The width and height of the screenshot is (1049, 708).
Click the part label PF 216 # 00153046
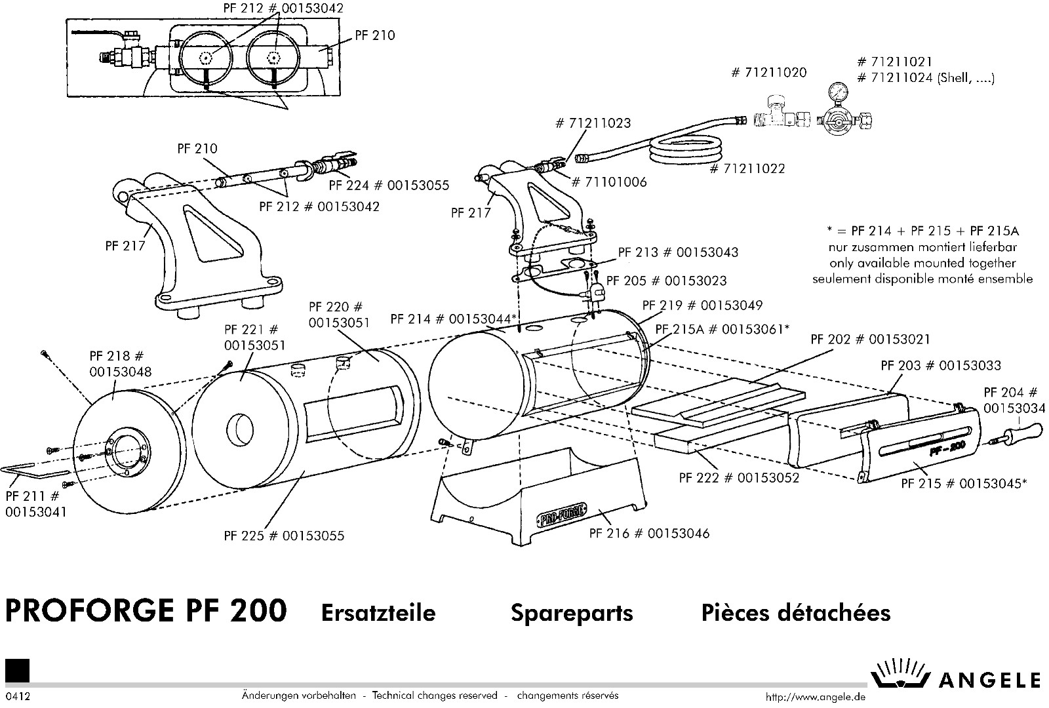[x=649, y=534]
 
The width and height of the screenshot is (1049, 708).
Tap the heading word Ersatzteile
[x=378, y=613]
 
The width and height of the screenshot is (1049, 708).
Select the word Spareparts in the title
[x=572, y=613]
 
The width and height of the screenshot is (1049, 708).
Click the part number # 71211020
[x=769, y=72]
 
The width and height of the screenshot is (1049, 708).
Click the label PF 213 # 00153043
[x=678, y=252]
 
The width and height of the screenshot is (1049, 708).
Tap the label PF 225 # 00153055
[x=284, y=536]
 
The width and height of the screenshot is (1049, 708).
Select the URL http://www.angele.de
[x=816, y=697]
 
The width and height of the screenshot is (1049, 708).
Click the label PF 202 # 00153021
[x=870, y=340]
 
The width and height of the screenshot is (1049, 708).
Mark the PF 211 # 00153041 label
[x=35, y=505]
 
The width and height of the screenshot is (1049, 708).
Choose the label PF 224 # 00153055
[x=389, y=186]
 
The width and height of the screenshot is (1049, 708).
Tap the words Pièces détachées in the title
[x=796, y=613]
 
